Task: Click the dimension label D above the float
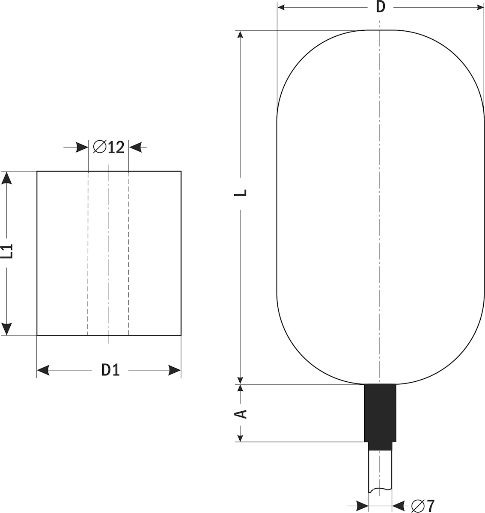pos(381,7)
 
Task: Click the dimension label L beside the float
pos(240,193)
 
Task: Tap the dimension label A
pos(240,414)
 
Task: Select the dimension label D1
pos(110,370)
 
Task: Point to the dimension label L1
pos(7,251)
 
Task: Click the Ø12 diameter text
pos(109,147)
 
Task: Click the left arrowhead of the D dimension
pos(281,7)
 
